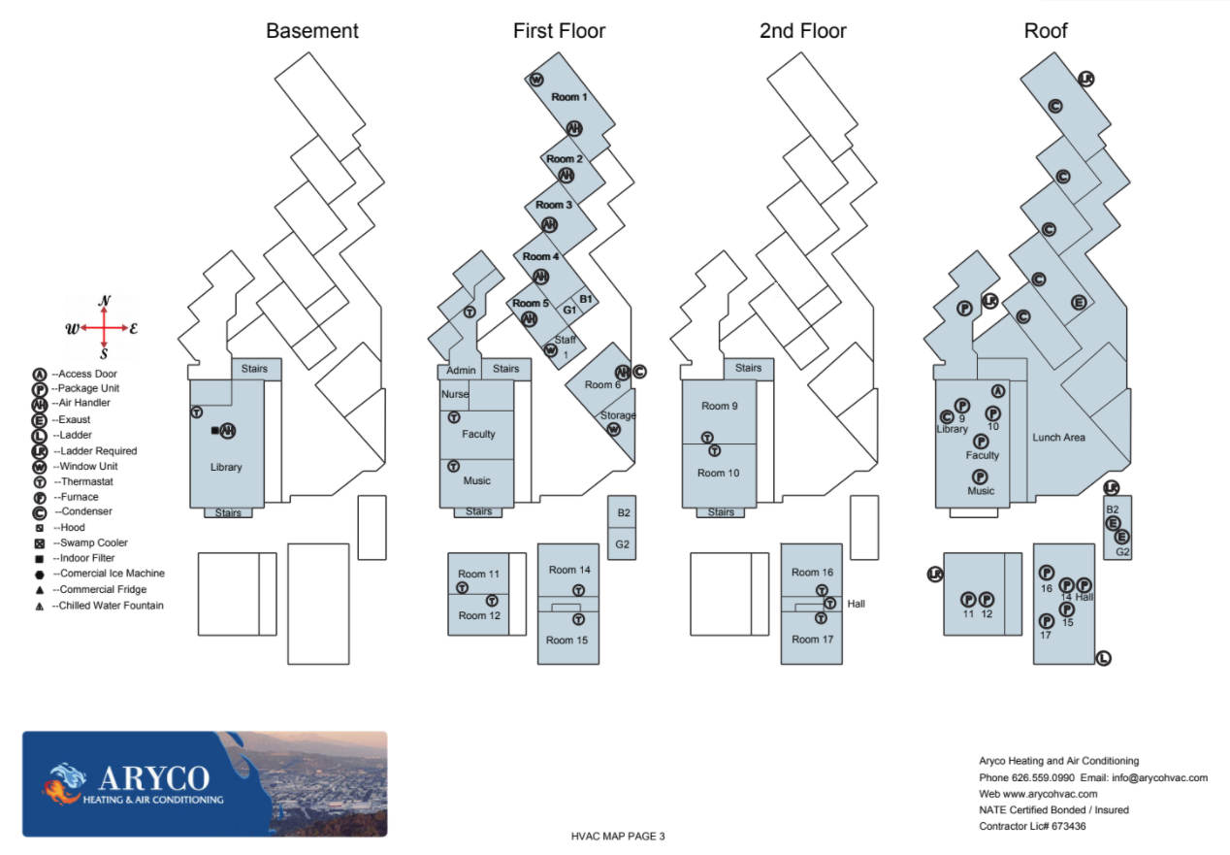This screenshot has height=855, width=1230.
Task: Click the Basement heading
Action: tap(312, 31)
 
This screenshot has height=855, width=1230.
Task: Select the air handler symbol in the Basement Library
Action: tap(228, 431)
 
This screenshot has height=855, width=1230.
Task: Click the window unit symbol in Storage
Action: tap(613, 429)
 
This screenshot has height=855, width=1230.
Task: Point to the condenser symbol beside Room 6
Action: tap(639, 371)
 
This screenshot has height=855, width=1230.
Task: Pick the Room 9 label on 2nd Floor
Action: tap(720, 406)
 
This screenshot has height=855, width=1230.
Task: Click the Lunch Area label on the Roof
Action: tap(1058, 438)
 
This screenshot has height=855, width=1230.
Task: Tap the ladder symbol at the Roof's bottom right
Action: tap(1103, 658)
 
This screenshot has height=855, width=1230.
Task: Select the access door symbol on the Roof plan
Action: tap(997, 391)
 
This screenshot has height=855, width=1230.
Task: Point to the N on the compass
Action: tap(104, 301)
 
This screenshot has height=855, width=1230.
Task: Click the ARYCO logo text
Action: tap(153, 778)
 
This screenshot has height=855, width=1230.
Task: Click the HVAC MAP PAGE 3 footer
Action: tap(618, 836)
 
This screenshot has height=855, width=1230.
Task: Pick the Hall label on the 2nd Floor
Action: tap(856, 604)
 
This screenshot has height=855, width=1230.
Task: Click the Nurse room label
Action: tap(455, 395)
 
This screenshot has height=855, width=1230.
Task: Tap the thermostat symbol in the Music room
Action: tap(453, 467)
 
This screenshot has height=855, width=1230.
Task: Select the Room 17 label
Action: tap(812, 640)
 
